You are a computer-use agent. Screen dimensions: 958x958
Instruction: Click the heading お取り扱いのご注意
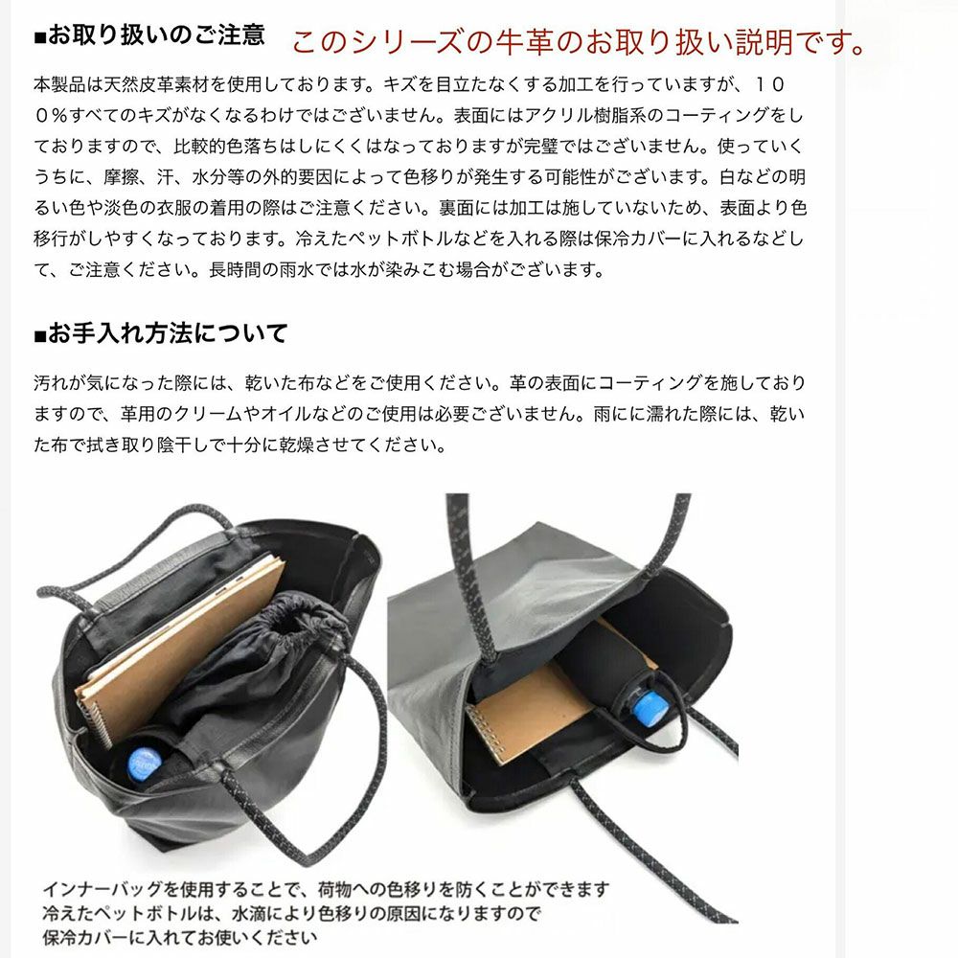tap(150, 36)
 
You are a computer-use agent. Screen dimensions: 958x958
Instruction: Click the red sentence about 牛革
tap(578, 41)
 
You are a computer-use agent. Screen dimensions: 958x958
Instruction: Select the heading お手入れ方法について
tap(161, 334)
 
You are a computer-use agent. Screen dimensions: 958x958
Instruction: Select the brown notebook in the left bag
tap(182, 632)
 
